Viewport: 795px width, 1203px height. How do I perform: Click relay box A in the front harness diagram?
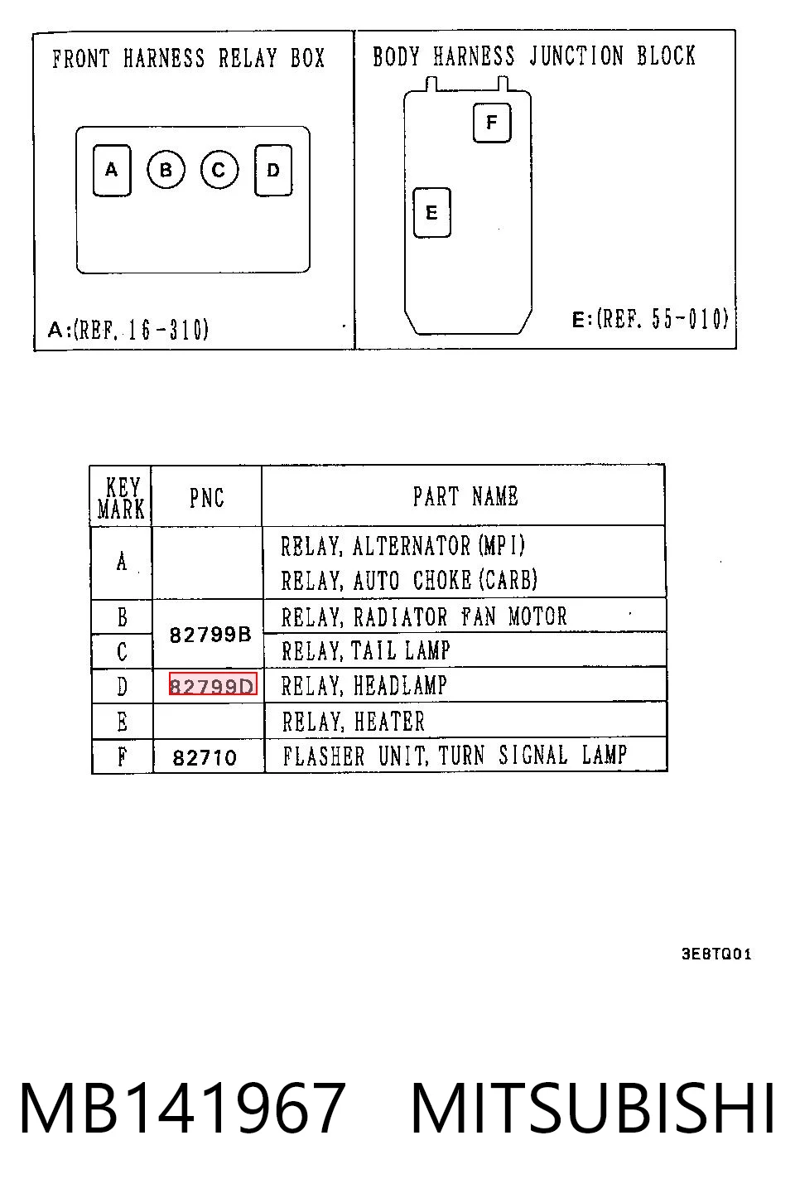point(112,170)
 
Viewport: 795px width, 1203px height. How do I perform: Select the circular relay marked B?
point(166,170)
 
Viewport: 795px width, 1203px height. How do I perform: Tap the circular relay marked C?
point(219,170)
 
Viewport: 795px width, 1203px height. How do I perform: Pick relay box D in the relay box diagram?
point(273,170)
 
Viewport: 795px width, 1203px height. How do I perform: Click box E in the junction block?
point(431,213)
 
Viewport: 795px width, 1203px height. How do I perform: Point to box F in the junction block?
point(492,123)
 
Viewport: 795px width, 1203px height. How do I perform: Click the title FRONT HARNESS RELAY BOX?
point(189,58)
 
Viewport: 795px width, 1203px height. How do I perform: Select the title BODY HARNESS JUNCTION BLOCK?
point(534,56)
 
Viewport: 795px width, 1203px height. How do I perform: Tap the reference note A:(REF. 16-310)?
point(128,329)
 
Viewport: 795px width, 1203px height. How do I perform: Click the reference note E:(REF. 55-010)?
point(650,319)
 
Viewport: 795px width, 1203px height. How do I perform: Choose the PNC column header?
point(207,498)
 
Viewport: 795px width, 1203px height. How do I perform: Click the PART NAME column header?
point(465,496)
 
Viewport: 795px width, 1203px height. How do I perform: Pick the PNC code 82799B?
point(210,635)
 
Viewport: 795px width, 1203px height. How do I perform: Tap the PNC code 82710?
point(205,758)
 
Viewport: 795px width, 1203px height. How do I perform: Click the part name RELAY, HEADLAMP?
point(364,686)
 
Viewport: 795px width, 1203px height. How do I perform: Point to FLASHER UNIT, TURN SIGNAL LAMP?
point(455,755)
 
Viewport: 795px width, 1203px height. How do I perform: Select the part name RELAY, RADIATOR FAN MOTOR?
point(424,616)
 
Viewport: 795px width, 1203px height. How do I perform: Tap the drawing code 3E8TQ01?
point(716,954)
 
